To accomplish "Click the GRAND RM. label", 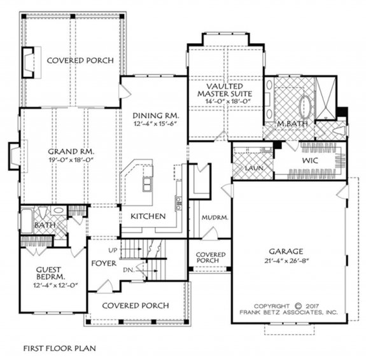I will [71, 152].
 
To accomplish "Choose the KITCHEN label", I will [148, 216].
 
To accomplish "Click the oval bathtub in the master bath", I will [306, 103].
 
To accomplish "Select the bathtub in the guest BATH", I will [27, 221].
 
